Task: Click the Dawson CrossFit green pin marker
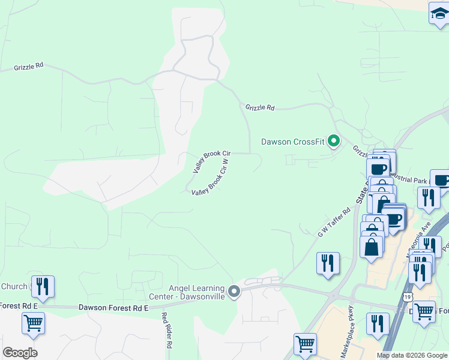[x=334, y=142]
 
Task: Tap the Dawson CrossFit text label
[x=292, y=142]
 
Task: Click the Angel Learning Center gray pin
[x=235, y=292]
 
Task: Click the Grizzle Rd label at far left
[x=29, y=68]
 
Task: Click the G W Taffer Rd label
[x=334, y=222]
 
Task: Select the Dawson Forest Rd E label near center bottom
[x=113, y=308]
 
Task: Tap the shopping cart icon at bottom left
[x=33, y=322]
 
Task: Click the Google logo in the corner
[x=20, y=352]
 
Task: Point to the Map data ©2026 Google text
[x=412, y=355]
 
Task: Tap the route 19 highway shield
[x=408, y=297]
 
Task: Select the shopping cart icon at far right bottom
[x=424, y=311]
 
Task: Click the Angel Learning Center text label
[x=187, y=292]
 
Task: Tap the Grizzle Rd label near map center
[x=259, y=108]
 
